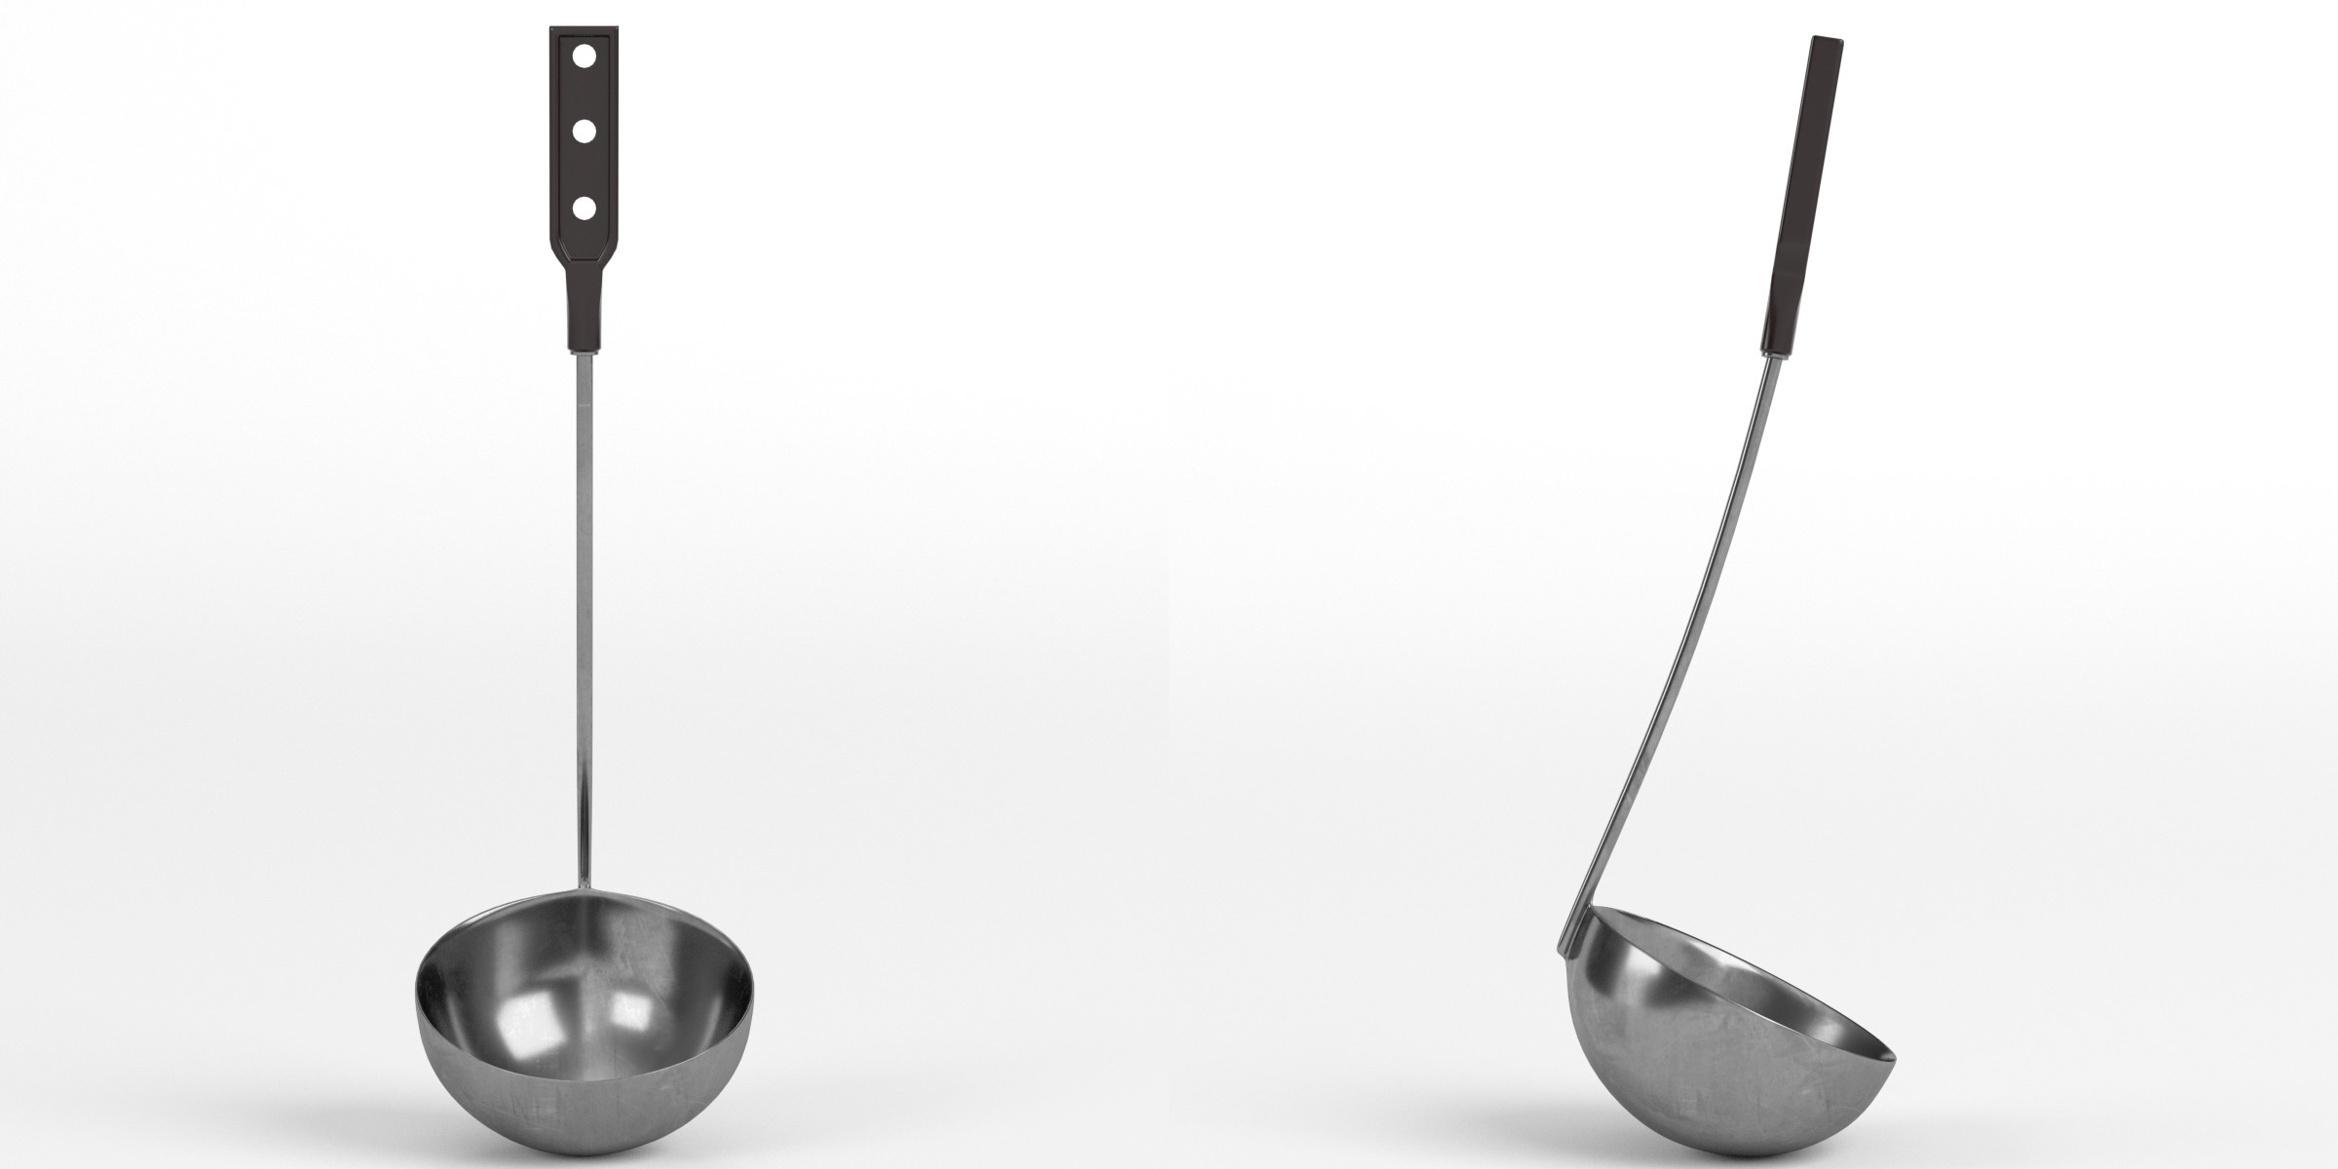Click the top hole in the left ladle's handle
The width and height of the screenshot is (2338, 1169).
[x=584, y=57]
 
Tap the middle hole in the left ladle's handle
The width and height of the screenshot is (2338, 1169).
[x=584, y=132]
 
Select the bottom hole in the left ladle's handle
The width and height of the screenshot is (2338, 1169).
[x=584, y=207]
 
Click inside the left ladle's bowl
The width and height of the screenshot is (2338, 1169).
[x=584, y=974]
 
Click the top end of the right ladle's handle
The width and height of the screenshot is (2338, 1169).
[x=1827, y=40]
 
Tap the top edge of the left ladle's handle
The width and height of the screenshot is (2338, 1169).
[x=584, y=25]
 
